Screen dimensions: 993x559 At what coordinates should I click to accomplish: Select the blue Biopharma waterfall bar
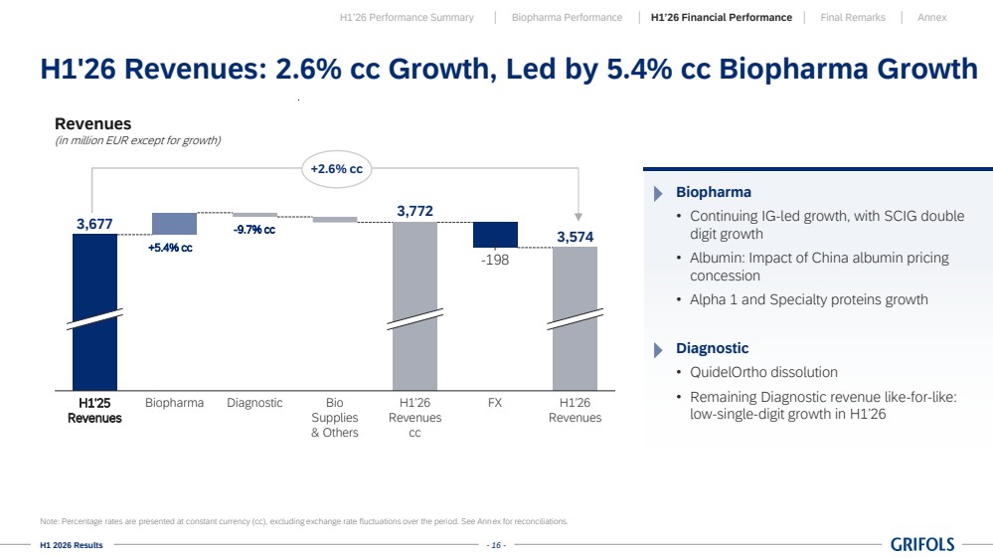coord(174,224)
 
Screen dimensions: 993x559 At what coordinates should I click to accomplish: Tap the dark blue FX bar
coord(495,235)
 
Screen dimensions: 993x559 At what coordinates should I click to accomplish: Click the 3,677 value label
coord(94,224)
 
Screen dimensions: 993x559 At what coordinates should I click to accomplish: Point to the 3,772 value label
coord(414,211)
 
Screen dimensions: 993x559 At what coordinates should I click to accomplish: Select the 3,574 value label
coord(576,237)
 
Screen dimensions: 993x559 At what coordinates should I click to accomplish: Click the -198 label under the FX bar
coord(495,260)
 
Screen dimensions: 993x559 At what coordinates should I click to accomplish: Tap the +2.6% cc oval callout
coord(336,169)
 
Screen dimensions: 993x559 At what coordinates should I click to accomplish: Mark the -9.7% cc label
coord(253,230)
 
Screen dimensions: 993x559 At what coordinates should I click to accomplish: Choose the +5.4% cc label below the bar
coord(170,248)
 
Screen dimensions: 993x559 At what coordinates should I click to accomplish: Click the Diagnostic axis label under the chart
coord(254,403)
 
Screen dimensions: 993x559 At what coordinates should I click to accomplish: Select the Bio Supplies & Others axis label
coord(334,418)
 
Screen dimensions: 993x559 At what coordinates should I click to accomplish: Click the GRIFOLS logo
coord(922,544)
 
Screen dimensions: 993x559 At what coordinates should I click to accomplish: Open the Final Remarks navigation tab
coord(853,18)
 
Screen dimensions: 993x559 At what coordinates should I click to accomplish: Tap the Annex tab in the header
coord(931,18)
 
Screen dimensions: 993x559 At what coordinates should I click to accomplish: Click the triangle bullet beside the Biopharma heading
coord(658,193)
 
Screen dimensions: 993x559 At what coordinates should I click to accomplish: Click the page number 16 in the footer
coord(497,545)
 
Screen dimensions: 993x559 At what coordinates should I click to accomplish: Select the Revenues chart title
coord(93,123)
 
